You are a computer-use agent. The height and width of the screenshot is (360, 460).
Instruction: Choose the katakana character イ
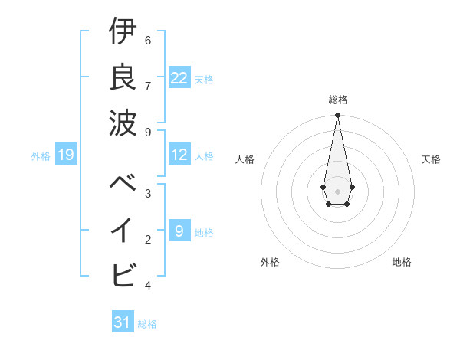pos(123,229)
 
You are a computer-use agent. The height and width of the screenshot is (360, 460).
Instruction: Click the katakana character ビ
pos(123,273)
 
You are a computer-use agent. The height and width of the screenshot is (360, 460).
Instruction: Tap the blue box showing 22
pos(179,77)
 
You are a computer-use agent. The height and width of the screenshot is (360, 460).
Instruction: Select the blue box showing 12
pos(179,155)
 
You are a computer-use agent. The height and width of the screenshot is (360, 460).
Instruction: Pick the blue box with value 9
pos(179,231)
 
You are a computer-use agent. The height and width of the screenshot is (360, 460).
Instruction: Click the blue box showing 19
pos(66,155)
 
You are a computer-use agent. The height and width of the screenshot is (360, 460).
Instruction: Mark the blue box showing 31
pos(123,322)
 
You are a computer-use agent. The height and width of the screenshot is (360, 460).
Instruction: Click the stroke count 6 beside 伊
pos(148,41)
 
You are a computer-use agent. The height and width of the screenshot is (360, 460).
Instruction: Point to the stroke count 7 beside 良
pos(148,85)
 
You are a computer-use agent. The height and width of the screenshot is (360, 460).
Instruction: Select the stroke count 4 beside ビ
pos(148,286)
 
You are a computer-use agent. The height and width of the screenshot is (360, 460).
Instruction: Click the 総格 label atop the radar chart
pos(337,100)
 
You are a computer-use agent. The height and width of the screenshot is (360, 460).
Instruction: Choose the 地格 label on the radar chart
pos(402,262)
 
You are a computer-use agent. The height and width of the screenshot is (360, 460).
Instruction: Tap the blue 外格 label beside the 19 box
pos(41,156)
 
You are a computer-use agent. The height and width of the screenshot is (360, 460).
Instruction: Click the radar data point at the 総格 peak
pos(337,116)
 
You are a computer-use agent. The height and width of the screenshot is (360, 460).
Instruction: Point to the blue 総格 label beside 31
pos(147,324)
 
